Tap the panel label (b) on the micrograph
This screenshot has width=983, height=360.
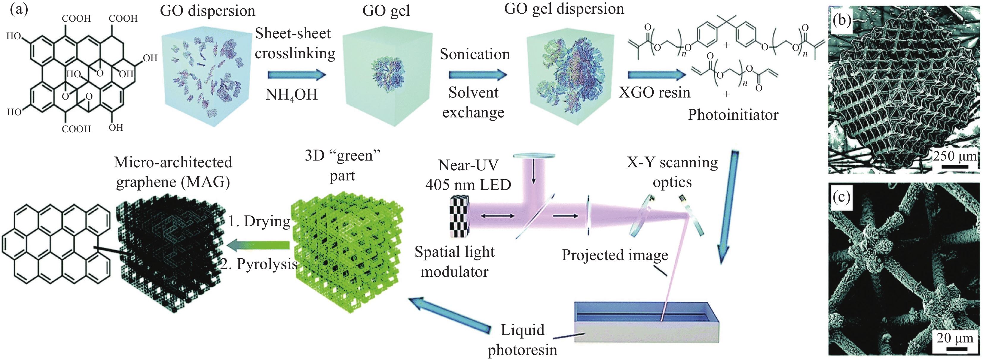coord(842,20)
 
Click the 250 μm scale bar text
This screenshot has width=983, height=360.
coord(954,156)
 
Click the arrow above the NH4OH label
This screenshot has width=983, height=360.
coord(296,74)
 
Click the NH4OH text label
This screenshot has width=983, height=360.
coord(292,95)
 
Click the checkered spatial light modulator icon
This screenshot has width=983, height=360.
coord(460,216)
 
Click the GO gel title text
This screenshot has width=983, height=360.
coord(386,11)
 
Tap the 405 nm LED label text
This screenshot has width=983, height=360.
coord(468,185)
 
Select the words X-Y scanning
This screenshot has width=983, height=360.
coord(672,163)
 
